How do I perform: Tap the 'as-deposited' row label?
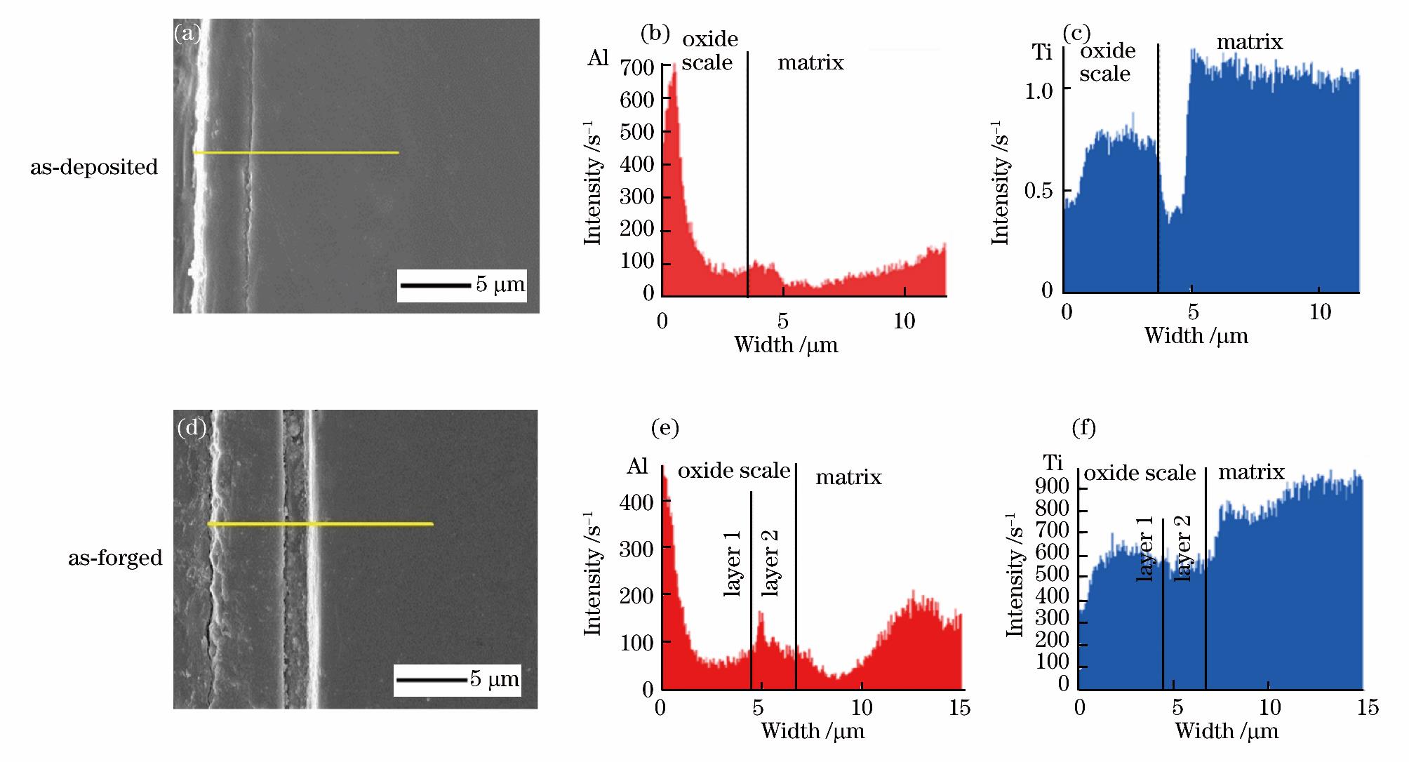(94, 168)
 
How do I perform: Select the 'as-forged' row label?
(115, 558)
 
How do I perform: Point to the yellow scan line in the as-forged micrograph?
(320, 524)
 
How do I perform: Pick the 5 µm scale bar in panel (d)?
(430, 680)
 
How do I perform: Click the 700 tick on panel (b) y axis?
(637, 67)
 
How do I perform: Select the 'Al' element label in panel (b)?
(598, 58)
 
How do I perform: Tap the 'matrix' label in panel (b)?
(810, 63)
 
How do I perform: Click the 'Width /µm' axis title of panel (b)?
(786, 345)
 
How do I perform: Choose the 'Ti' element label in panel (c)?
(1043, 52)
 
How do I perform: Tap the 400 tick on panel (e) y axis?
(637, 502)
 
